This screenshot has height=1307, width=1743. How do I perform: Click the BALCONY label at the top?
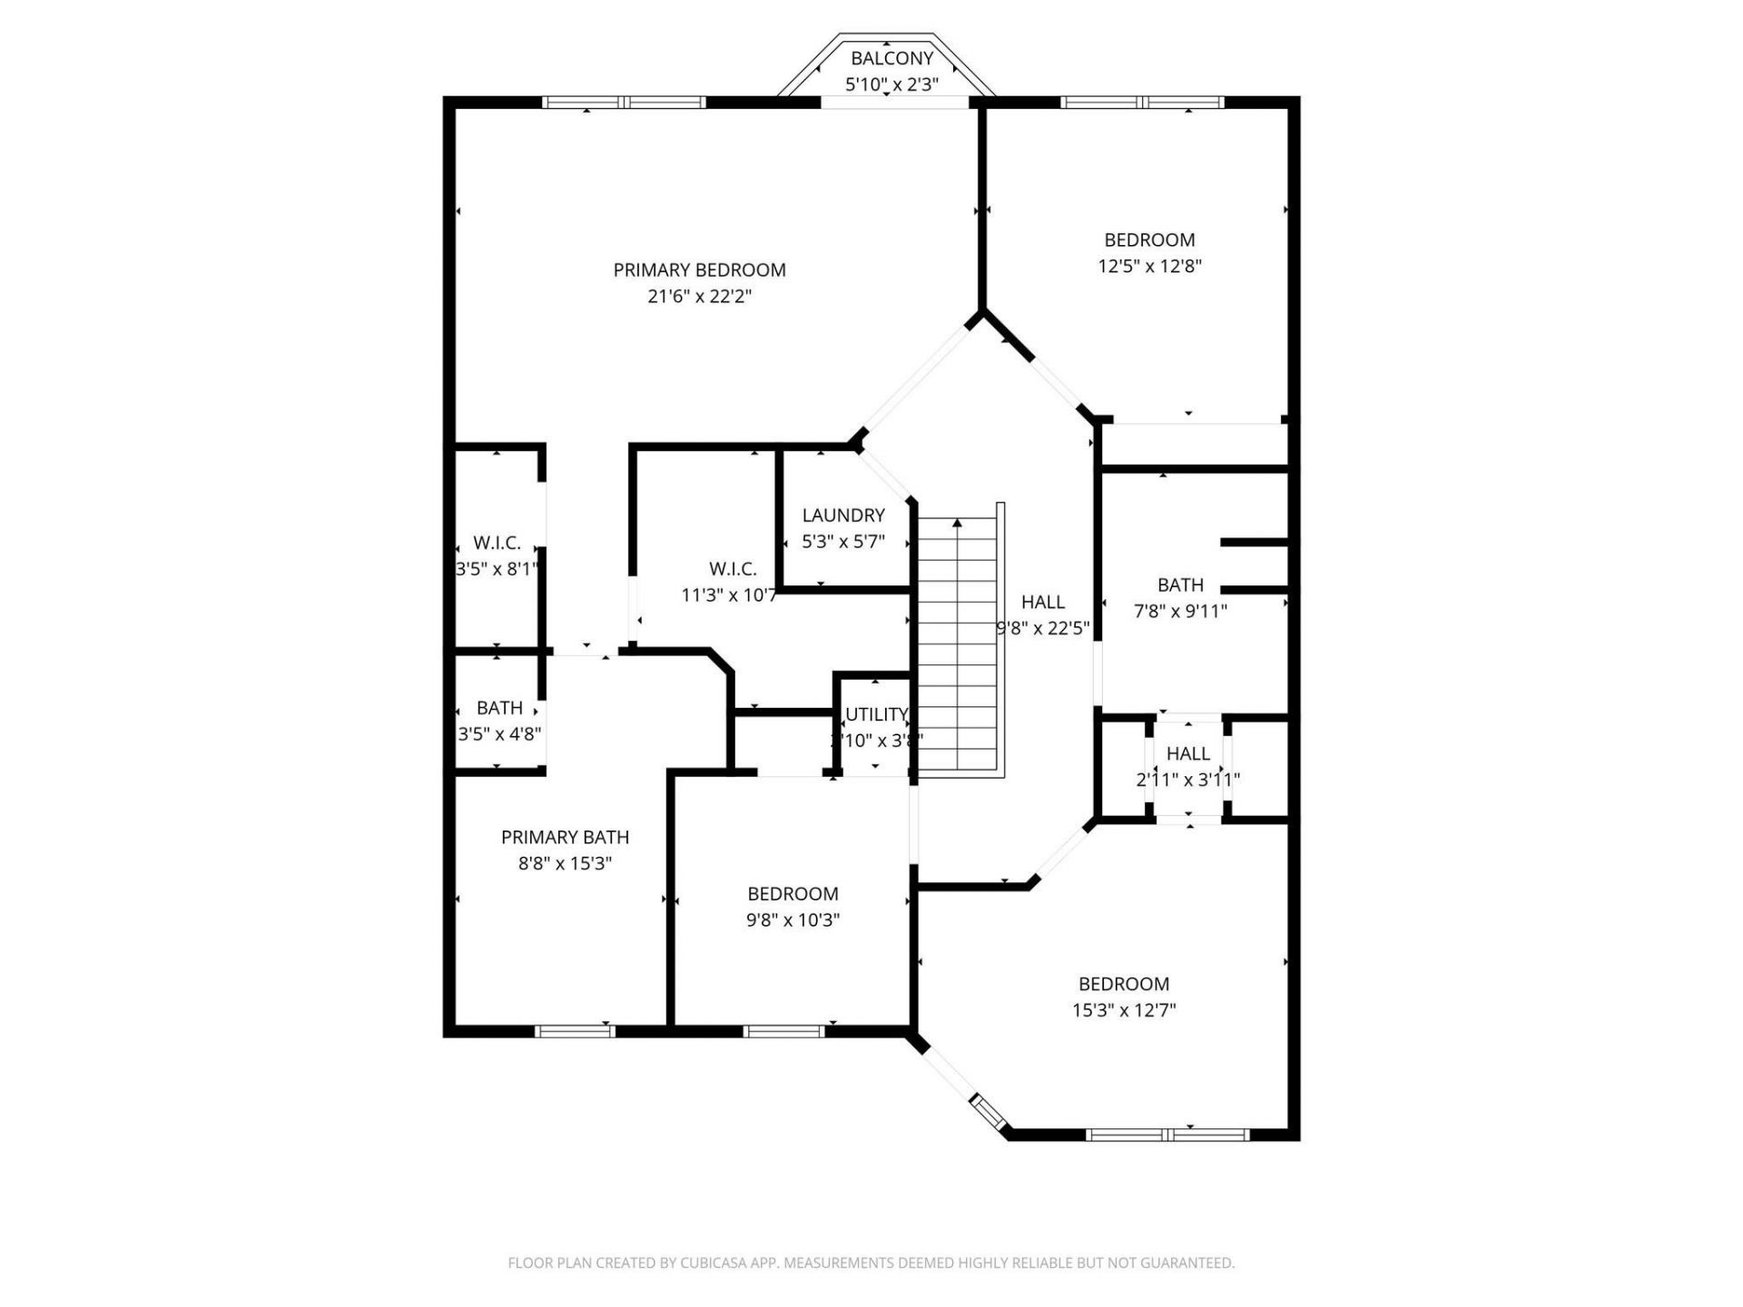[x=891, y=59]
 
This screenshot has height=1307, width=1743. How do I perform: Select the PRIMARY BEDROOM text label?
[x=699, y=270]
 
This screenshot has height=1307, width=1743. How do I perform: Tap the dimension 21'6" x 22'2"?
[x=699, y=297]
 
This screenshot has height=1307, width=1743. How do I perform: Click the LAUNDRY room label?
[x=842, y=516]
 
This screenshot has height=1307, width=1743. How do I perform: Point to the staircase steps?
[x=958, y=653]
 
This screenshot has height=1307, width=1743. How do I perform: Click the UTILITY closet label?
[x=876, y=714]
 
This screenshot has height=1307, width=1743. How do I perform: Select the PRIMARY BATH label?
[x=565, y=838]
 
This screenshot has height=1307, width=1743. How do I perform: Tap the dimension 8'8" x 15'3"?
[x=565, y=864]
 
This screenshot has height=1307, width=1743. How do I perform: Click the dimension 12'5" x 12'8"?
[x=1149, y=267]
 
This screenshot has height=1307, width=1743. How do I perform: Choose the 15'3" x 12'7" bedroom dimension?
[x=1124, y=1010]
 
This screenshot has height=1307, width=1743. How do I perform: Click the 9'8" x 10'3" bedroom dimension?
[x=793, y=920]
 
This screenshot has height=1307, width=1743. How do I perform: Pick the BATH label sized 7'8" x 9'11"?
[x=1180, y=585]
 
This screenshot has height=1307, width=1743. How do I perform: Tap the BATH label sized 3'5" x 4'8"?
[x=499, y=708]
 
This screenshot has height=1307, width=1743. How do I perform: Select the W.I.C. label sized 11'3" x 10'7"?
[x=733, y=569]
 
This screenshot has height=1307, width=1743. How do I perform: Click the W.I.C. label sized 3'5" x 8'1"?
[x=497, y=544]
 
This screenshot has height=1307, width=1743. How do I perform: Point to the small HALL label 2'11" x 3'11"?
[x=1187, y=754]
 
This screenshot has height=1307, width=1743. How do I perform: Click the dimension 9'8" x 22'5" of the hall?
[x=1042, y=628]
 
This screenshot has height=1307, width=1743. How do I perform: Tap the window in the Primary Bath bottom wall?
[x=574, y=1031]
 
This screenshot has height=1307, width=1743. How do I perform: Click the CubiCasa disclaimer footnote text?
[x=871, y=1263]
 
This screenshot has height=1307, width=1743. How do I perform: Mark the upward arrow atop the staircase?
[x=957, y=524]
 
